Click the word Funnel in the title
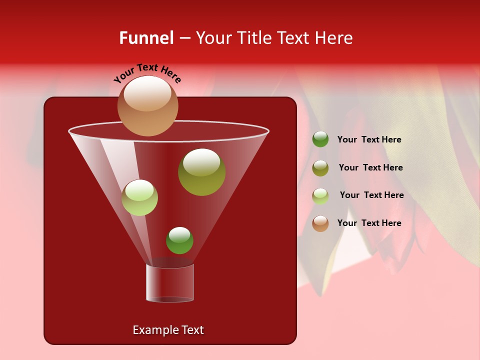(146, 38)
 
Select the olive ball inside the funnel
(201, 172)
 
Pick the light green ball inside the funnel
(139, 197)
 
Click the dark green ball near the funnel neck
(179, 240)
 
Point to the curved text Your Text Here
(147, 73)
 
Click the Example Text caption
(168, 330)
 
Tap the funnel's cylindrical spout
(169, 282)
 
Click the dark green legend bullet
(320, 139)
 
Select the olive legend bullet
(320, 168)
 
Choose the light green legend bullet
(320, 195)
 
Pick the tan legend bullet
(320, 223)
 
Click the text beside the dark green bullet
(369, 140)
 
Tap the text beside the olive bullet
(370, 168)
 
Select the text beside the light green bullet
(371, 195)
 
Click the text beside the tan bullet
(369, 223)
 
